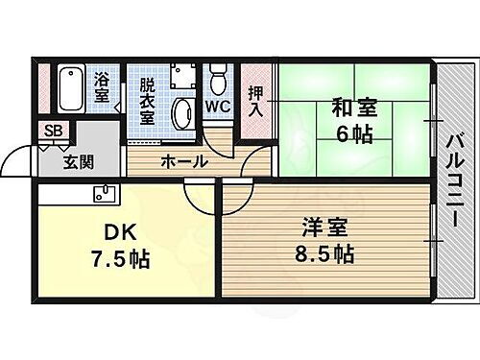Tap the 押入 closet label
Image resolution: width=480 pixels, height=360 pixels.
(256, 100)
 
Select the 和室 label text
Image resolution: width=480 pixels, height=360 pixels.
(355, 108)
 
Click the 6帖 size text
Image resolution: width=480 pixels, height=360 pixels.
(355, 134)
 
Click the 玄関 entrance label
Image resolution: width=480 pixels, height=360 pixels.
(80, 162)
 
